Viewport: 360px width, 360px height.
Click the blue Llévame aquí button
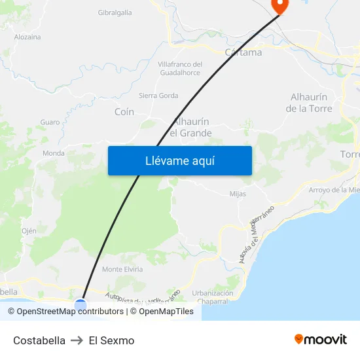point(179,160)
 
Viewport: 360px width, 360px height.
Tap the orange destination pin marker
point(279,6)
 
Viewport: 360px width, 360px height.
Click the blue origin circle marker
point(81,304)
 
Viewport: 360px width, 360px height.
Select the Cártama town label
point(243,52)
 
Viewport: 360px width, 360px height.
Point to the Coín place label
point(124,112)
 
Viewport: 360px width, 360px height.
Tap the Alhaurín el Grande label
point(191,128)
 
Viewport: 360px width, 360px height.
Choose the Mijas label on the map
point(238,194)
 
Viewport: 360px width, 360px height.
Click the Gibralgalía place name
point(115,12)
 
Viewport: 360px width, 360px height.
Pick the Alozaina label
point(27,37)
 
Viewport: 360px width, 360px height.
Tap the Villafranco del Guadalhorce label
point(180,69)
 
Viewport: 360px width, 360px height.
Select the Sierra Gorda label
point(158,96)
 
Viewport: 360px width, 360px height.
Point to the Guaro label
point(50,122)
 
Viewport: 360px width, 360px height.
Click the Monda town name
point(54,153)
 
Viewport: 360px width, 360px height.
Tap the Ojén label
point(29,231)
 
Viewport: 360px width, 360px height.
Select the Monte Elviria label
point(122,269)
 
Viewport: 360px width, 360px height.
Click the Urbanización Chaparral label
point(213,297)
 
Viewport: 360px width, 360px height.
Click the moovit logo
point(320,340)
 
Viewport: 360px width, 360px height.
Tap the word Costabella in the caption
point(39,340)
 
